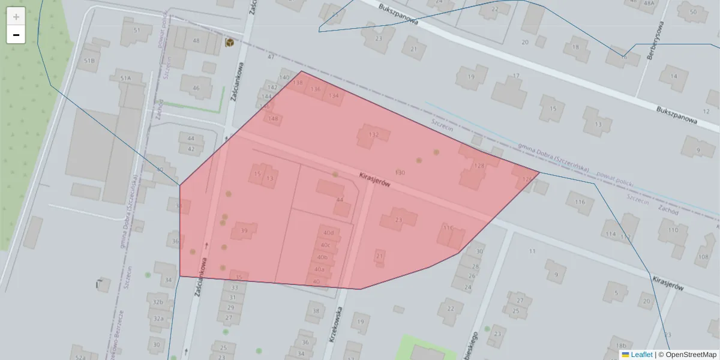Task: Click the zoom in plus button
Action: click(x=16, y=17)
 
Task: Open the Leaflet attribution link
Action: click(x=641, y=355)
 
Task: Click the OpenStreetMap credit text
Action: click(x=691, y=355)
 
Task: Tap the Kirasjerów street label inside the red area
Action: click(x=374, y=180)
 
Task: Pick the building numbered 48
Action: click(x=196, y=41)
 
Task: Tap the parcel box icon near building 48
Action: click(x=230, y=42)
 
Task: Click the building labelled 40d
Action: click(x=328, y=233)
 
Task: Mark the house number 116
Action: click(x=580, y=202)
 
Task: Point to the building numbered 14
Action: click(x=674, y=76)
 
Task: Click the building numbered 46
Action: click(x=196, y=88)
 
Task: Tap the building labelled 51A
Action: click(x=125, y=79)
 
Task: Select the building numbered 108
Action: click(x=703, y=257)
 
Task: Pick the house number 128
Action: click(x=479, y=166)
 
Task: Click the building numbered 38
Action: click(x=316, y=311)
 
